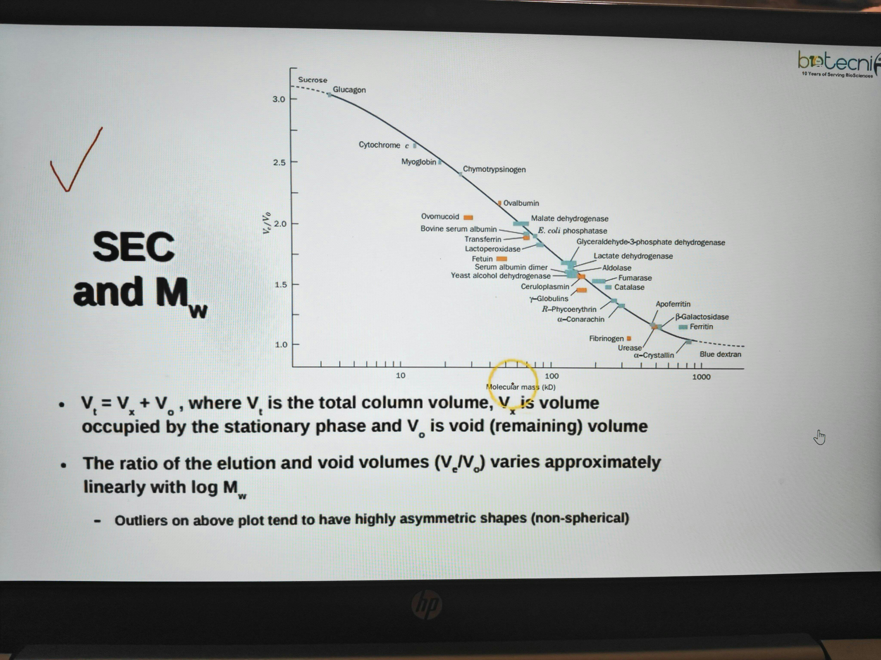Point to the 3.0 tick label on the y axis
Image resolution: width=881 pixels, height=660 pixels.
click(279, 99)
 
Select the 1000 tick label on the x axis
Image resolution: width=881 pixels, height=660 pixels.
click(701, 377)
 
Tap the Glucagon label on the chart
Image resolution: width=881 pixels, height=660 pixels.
click(349, 90)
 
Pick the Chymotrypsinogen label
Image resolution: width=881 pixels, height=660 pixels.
click(494, 170)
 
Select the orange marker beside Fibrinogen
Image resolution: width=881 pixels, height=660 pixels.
click(629, 339)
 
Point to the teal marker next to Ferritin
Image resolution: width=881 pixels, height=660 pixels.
click(683, 327)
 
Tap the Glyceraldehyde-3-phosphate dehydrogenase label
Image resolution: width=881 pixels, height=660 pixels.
click(651, 242)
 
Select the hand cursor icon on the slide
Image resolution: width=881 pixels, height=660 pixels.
click(819, 437)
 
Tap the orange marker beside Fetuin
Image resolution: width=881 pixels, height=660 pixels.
click(501, 259)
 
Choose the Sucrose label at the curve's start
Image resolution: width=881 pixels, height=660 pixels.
click(313, 80)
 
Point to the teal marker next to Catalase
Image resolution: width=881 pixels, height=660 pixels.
click(608, 287)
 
